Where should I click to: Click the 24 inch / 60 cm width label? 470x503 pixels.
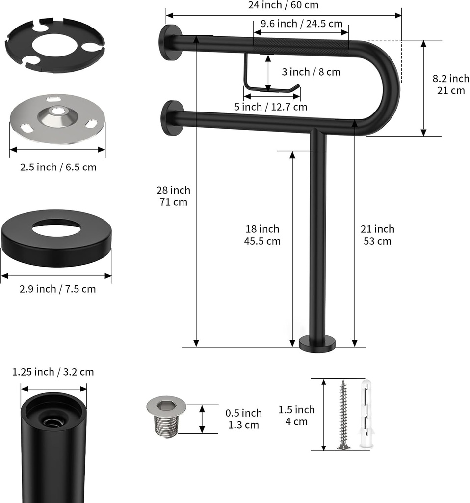point(283,5)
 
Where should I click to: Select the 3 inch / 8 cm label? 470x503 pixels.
point(311,72)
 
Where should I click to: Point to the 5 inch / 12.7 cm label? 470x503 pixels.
point(270,107)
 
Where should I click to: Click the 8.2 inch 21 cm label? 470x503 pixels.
point(450,84)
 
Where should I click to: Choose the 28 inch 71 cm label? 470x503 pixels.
point(173,196)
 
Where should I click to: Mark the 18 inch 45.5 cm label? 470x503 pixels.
point(262,235)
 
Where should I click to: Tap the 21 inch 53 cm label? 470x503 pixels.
point(377,235)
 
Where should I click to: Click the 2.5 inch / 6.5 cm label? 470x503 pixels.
point(58,168)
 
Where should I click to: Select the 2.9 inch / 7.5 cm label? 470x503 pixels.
point(57,289)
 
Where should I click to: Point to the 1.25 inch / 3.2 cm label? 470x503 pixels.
point(53,372)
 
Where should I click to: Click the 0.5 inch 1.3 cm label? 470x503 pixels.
point(244,419)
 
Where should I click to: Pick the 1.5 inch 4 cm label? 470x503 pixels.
point(296,416)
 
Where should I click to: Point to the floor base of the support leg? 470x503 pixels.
point(317,343)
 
